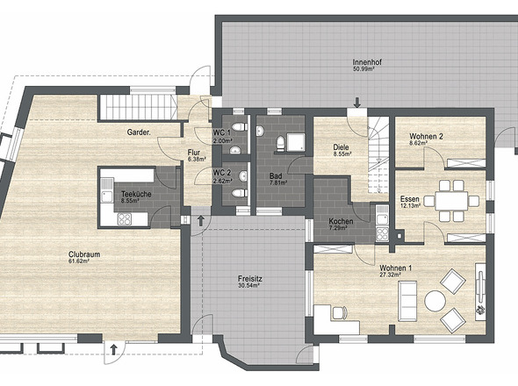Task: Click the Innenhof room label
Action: [x=363, y=62]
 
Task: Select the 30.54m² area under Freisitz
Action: [x=248, y=286]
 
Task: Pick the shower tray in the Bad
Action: [x=296, y=142]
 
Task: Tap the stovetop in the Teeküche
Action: [x=125, y=219]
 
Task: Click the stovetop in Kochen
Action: [x=383, y=233]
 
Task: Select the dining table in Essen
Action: [x=451, y=201]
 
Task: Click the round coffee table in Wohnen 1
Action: [x=435, y=301]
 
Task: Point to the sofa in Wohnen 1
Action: [x=407, y=301]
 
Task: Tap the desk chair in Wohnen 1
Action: [x=340, y=312]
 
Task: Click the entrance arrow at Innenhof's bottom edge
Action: [x=357, y=103]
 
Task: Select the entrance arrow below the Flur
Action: [x=200, y=221]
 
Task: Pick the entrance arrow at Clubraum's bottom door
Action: [x=113, y=350]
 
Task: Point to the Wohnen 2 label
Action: [x=426, y=136]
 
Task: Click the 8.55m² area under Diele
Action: [x=342, y=154]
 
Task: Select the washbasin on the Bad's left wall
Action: [x=261, y=131]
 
